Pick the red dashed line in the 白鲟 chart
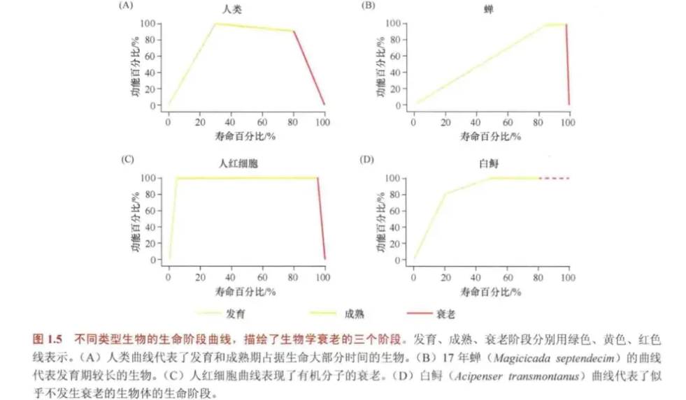pos(556,178)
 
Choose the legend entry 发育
pos(236,314)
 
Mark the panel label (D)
pos(367,160)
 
